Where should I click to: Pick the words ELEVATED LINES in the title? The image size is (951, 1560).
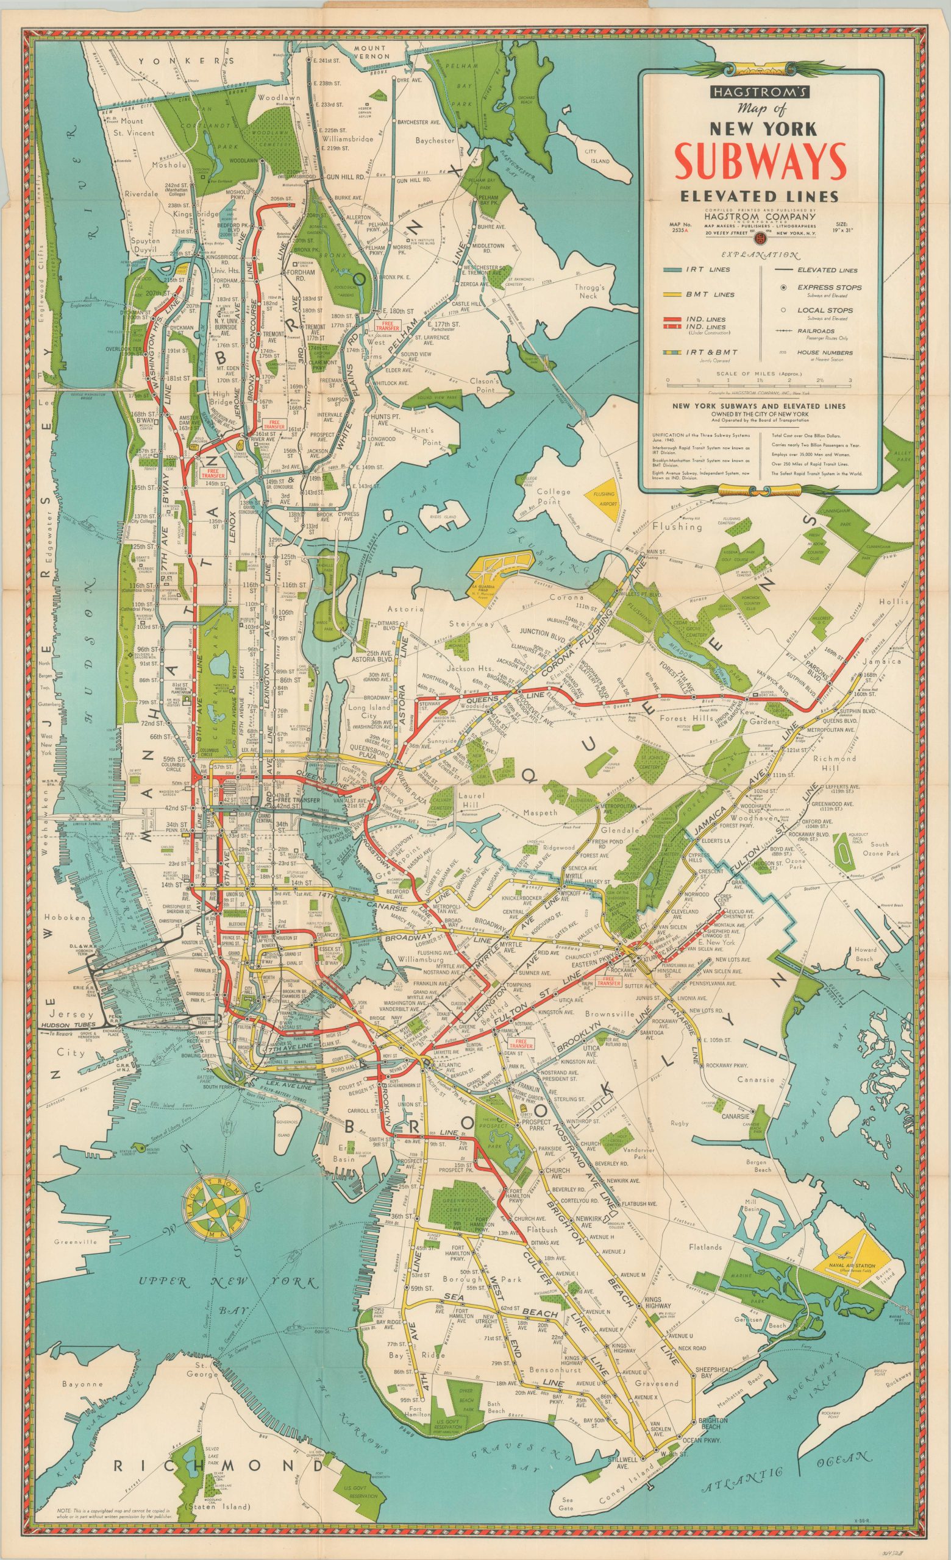tap(759, 196)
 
